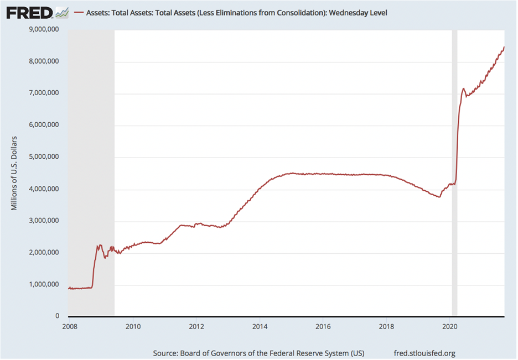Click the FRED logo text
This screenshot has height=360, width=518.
coord(29,13)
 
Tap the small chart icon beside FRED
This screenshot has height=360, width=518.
coord(62,13)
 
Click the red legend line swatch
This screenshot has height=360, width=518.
coord(79,13)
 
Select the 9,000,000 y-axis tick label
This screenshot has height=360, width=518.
coord(44,29)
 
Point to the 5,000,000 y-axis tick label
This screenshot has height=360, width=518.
coord(44,156)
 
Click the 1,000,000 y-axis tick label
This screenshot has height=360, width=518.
coord(44,284)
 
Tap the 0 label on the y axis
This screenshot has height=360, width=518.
coord(57,316)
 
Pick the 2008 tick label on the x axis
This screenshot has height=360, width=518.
coord(70,327)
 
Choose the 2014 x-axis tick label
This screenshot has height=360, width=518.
coord(260,327)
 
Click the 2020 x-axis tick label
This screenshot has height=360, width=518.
coord(449,327)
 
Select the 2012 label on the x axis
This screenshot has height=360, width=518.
coord(196,327)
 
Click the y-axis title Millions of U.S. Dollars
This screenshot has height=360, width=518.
coord(14,173)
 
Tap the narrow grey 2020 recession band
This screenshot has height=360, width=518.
coord(454,173)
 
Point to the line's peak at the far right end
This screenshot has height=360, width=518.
coord(504,47)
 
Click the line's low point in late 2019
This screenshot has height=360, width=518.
coord(439,197)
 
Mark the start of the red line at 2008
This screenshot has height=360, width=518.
coord(69,289)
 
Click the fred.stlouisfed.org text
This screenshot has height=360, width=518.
coord(424,353)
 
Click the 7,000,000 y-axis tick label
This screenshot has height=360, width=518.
coord(44,93)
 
